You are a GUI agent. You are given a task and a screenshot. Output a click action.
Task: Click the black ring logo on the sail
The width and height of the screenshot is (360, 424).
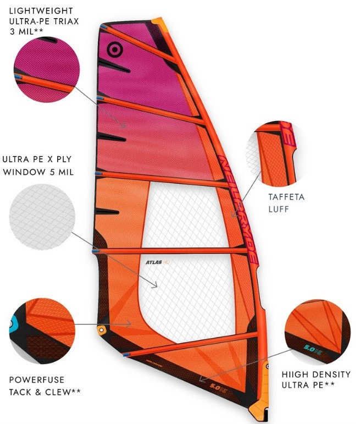coord(114,49)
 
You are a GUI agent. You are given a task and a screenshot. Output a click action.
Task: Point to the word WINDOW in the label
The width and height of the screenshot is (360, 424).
coord(25,172)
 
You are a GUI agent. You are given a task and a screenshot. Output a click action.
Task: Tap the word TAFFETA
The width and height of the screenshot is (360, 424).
coord(286,196)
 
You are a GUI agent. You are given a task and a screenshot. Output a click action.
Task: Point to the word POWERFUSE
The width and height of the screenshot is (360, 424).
coord(36,379)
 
